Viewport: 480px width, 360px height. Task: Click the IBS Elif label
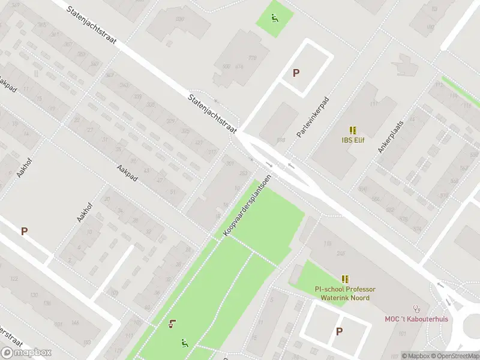coord(353,140)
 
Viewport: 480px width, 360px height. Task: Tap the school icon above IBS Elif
coord(353,130)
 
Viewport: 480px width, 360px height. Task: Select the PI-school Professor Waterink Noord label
coord(345,293)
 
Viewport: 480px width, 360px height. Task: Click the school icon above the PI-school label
coord(345,279)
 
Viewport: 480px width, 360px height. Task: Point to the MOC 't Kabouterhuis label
coord(416,319)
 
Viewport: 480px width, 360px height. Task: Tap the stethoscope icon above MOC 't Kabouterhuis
coord(416,309)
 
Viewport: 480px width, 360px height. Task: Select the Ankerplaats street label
coord(391,135)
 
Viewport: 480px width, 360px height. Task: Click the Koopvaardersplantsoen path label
coord(247,205)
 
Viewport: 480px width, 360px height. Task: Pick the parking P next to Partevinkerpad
coord(296,73)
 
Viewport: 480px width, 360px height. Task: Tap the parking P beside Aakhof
coord(25,230)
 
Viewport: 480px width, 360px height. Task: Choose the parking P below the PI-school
coord(339,331)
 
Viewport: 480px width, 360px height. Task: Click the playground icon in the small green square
coord(275,17)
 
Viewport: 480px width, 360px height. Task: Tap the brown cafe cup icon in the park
coord(173,325)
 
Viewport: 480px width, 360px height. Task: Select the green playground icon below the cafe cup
coord(185,343)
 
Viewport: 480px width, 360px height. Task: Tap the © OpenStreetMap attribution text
coord(455,356)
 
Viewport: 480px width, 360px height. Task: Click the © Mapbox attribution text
coord(415,356)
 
